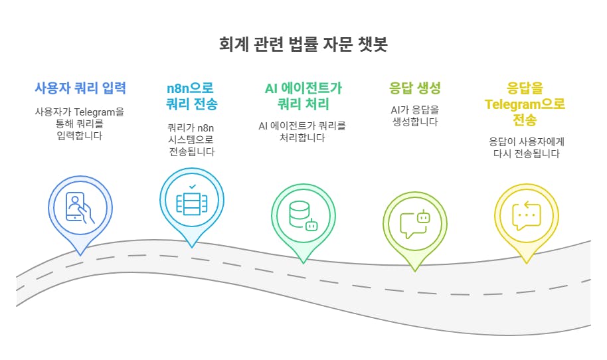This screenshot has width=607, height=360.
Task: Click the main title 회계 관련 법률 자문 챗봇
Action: pyautogui.click(x=303, y=45)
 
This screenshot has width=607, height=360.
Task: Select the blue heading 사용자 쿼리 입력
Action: pyautogui.click(x=80, y=88)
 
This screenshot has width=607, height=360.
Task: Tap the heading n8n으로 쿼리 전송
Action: pyautogui.click(x=191, y=96)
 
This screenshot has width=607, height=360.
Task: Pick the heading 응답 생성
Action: pyautogui.click(x=414, y=88)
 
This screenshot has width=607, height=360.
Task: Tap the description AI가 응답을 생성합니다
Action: pyautogui.click(x=414, y=116)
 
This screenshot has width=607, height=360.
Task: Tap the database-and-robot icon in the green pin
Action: pyautogui.click(x=303, y=214)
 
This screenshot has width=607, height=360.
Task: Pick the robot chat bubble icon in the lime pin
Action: pyautogui.click(x=415, y=223)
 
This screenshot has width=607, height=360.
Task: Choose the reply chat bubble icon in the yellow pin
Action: pyautogui.click(x=527, y=215)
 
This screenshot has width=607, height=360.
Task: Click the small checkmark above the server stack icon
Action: pyautogui.click(x=192, y=187)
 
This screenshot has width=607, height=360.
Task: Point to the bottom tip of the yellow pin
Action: pyautogui.click(x=527, y=262)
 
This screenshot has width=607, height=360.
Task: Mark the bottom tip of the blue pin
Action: pyautogui.click(x=80, y=254)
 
